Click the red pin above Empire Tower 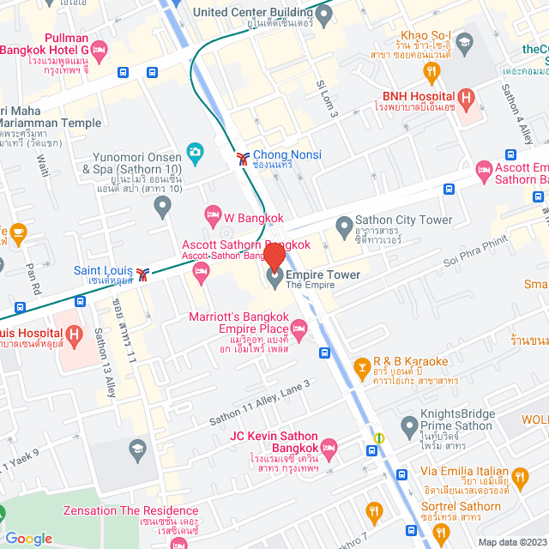274,256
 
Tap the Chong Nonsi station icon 244,157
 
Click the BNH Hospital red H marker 468,98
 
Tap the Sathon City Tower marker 344,226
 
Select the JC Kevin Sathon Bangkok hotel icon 329,448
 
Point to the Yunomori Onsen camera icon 195,153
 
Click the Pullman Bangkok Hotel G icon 100,51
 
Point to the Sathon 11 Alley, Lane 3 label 259,403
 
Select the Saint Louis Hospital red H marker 75,334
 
